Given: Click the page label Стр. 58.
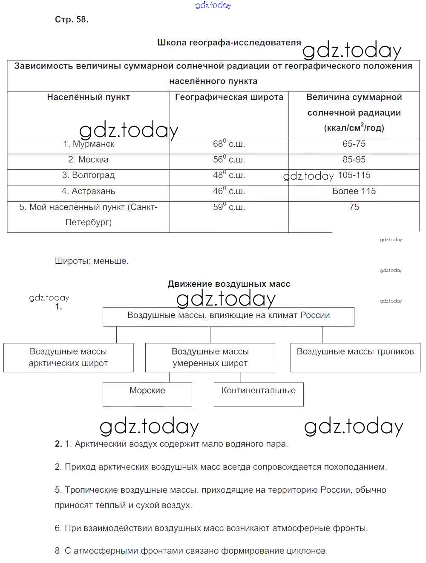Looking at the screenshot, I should click(72, 20).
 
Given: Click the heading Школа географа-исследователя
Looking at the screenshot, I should click(229, 43).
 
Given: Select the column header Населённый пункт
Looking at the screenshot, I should click(88, 97).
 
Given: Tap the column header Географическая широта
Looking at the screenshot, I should click(229, 97).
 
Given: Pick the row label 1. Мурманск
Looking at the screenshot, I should click(89, 144).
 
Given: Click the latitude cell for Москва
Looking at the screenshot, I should click(229, 160).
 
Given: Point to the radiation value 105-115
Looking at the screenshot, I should click(354, 175).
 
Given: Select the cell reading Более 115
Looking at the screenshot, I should click(354, 191).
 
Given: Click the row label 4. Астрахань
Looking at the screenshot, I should click(88, 191).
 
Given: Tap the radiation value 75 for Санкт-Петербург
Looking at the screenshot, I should click(354, 207).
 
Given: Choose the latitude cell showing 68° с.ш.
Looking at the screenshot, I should click(229, 144).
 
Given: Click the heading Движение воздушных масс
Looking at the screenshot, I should click(229, 284).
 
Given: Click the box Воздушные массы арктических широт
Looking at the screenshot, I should click(68, 357).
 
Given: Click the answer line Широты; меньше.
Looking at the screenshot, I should click(92, 261).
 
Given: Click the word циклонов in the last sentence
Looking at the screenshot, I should click(306, 551).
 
